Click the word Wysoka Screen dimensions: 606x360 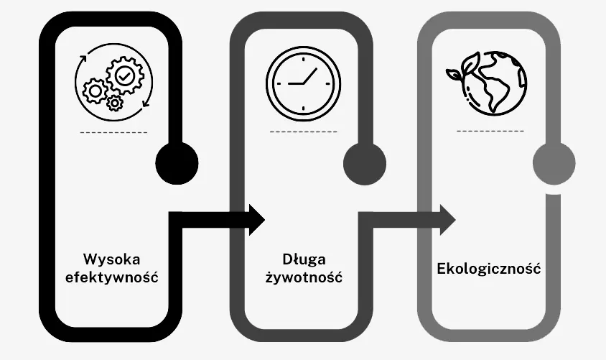click(x=112, y=259)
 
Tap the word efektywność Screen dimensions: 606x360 click(x=112, y=277)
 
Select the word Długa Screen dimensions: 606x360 click(x=304, y=259)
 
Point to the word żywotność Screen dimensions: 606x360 click(x=304, y=277)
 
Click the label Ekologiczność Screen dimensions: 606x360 click(x=488, y=268)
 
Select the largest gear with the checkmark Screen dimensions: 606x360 click(x=125, y=75)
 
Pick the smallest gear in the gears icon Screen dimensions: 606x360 click(x=114, y=103)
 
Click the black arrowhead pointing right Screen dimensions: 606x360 click(x=256, y=220)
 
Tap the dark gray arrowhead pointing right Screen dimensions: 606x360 click(x=448, y=220)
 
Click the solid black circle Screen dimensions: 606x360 click(x=177, y=163)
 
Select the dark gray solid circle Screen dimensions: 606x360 click(x=365, y=163)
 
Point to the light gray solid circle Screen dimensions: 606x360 click(x=554, y=163)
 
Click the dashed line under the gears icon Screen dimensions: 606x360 click(x=113, y=133)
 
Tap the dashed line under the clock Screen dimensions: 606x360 click(x=304, y=132)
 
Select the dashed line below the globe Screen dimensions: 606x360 click(x=490, y=131)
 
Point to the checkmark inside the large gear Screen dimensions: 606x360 click(x=125, y=75)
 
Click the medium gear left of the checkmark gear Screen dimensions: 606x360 click(x=95, y=91)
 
